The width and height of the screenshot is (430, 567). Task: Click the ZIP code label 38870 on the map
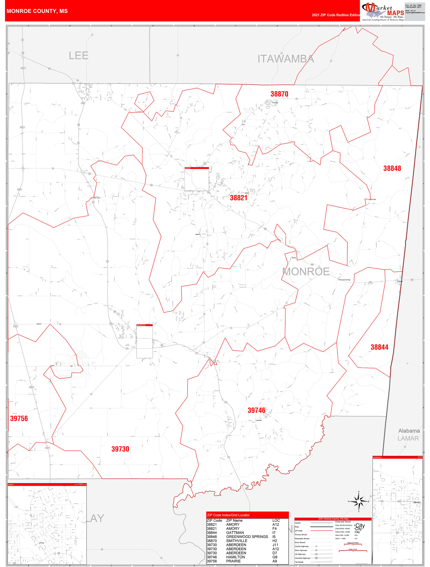[x=279, y=94]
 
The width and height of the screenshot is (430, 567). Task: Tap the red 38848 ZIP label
[x=392, y=168]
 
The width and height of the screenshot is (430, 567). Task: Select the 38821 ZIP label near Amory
[x=239, y=198]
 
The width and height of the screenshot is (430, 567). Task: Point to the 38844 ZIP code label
[x=379, y=347]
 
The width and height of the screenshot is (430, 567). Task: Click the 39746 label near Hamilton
[x=256, y=410]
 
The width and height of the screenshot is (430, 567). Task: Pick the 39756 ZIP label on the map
[x=19, y=418]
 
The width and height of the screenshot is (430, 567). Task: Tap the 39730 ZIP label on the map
[x=120, y=449]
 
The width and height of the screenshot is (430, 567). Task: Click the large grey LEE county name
[x=78, y=56]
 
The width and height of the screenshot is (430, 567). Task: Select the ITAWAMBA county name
[x=286, y=59]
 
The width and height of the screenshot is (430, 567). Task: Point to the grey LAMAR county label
[x=408, y=438]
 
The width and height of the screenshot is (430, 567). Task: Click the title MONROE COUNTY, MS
[x=37, y=11]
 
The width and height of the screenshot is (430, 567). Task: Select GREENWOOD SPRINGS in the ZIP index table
[x=247, y=536]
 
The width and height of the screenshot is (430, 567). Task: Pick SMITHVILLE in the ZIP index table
[x=237, y=541]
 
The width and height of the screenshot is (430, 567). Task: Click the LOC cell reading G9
[x=275, y=557]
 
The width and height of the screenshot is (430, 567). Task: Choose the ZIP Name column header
[x=234, y=520]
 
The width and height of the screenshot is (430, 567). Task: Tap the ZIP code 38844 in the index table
[x=212, y=533]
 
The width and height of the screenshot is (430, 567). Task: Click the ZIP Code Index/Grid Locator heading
[x=228, y=515]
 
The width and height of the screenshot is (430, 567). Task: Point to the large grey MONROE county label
[x=306, y=272]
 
